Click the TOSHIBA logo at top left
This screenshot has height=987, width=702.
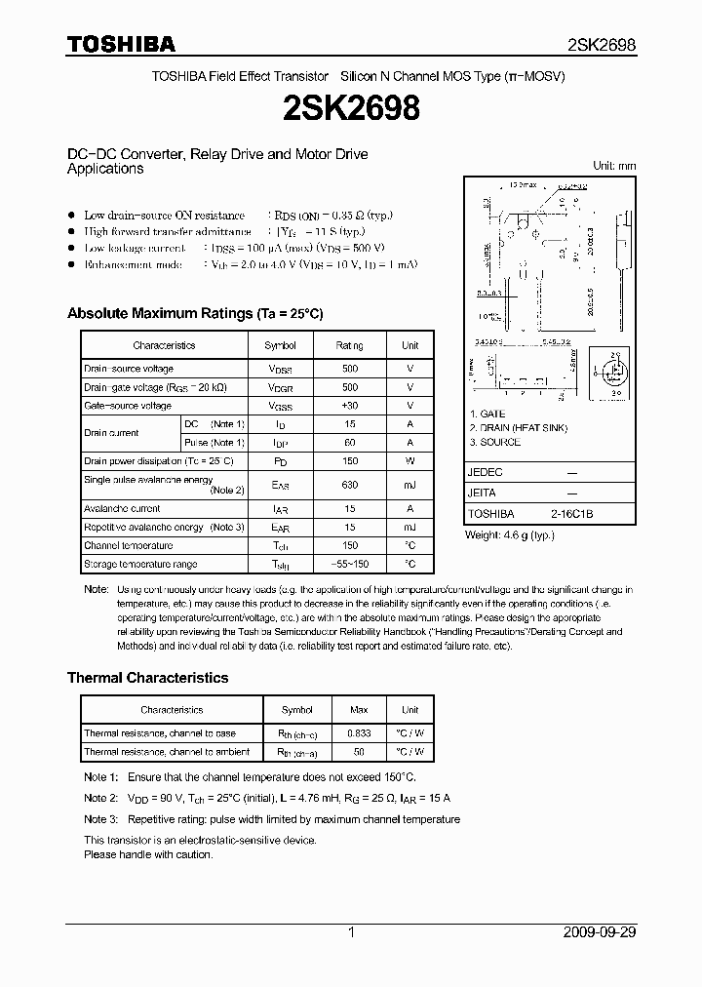pos(121,44)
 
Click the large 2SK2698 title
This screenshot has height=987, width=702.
pos(350,109)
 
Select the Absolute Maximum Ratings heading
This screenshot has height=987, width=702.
pos(194,313)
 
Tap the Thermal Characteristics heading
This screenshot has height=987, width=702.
pos(147,677)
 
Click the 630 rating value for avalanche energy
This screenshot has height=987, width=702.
pos(350,485)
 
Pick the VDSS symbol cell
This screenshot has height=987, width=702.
pos(281,369)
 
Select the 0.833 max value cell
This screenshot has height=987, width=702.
pos(359,733)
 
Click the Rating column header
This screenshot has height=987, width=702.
pos(350,345)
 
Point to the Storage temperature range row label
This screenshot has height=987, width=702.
pos(140,564)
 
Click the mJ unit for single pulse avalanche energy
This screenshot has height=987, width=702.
pos(410,485)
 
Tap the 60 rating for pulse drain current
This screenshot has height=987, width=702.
pos(350,442)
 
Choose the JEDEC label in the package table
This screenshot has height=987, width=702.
pos(487,471)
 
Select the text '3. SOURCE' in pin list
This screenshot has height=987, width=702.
pos(494,442)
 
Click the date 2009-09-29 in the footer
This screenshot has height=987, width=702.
pos(599,932)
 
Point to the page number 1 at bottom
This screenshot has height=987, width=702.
pos(351,932)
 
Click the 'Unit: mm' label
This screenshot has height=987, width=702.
pos(614,167)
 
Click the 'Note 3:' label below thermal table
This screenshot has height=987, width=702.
pos(100,819)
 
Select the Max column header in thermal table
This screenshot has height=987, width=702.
pos(359,710)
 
